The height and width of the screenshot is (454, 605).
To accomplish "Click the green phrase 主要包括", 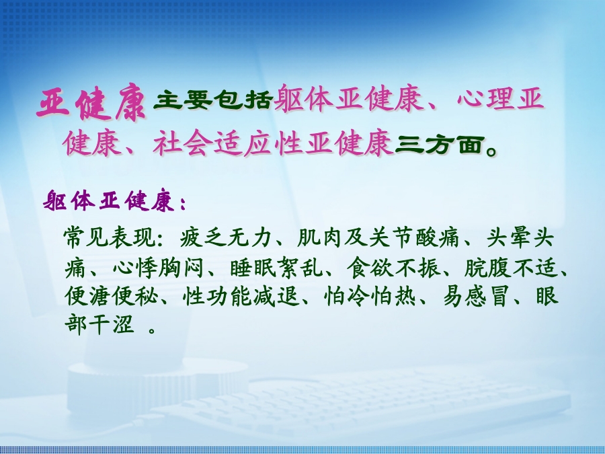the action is [x=212, y=100].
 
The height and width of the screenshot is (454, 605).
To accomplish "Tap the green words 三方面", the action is [x=440, y=145].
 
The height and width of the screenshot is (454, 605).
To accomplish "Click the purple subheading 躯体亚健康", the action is [x=109, y=200].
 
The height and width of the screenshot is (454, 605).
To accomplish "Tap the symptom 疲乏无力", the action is [x=225, y=237].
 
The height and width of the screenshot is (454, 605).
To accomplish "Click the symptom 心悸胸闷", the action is [x=157, y=267].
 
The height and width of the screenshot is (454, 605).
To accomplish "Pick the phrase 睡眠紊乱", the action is [x=276, y=267].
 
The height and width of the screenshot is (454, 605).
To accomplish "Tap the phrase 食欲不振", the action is [x=393, y=267].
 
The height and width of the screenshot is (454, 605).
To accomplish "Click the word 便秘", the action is [x=135, y=296].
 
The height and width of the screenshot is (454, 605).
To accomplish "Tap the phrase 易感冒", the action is [x=475, y=296].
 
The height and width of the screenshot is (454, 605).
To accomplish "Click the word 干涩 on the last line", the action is [x=111, y=325].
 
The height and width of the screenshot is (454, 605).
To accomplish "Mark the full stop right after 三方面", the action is [x=491, y=151].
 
